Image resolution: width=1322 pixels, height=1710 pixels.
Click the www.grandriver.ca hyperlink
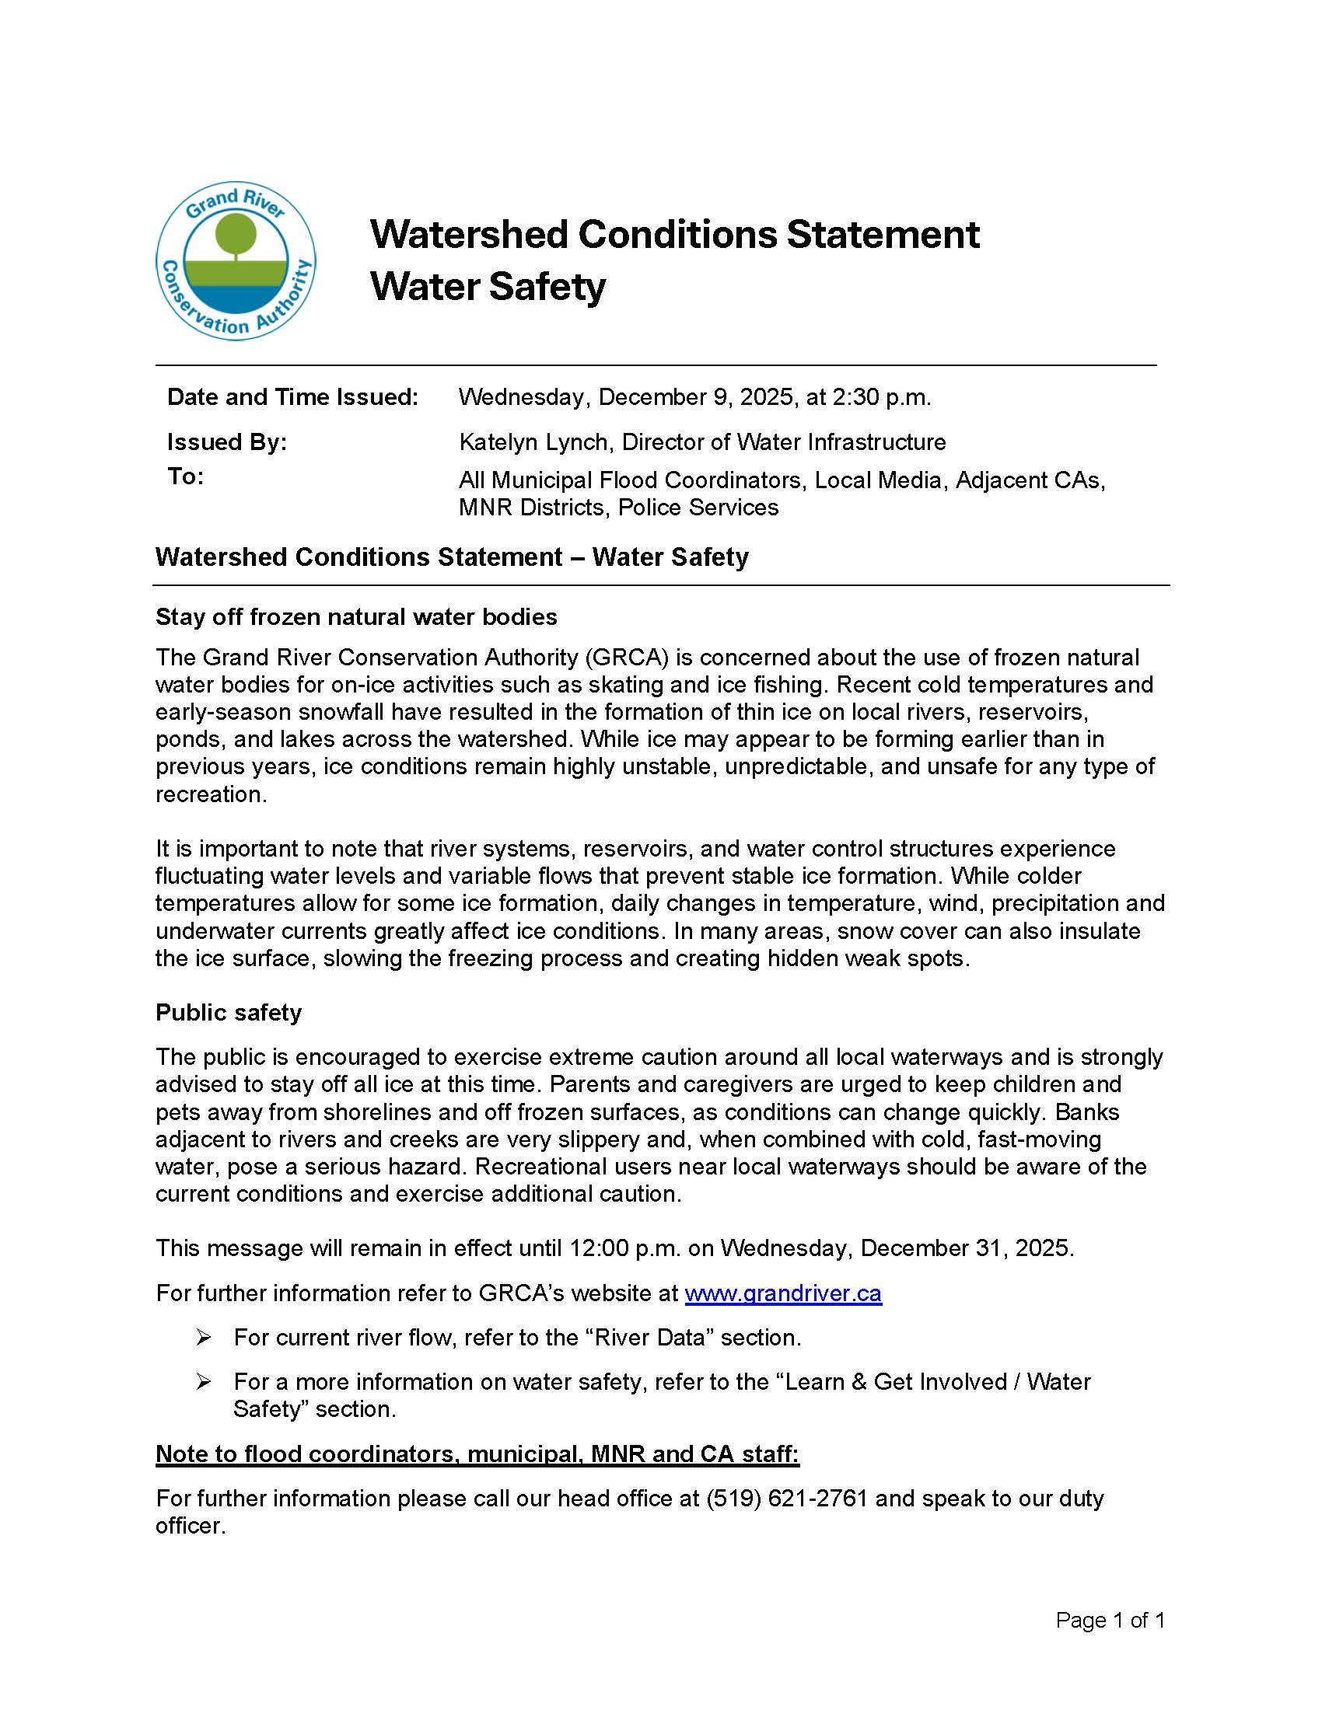pos(782,1293)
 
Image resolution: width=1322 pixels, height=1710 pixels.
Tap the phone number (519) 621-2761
pos(786,1498)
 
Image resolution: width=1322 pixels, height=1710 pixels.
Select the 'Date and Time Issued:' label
pos(292,397)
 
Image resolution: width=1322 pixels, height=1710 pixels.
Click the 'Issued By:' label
pos(226,441)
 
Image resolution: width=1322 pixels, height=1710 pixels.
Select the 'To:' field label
pos(185,476)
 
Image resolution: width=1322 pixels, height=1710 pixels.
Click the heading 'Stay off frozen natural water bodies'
pos(355,616)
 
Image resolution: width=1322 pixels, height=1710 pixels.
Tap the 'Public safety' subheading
pos(228,1011)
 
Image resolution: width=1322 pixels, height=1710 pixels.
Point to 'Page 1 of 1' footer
pos(1109,1620)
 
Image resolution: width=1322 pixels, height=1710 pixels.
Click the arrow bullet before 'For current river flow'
pos(204,1338)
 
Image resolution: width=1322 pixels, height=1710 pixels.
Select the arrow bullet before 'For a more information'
pos(204,1382)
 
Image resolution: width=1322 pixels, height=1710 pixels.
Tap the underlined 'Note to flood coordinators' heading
pos(476,1453)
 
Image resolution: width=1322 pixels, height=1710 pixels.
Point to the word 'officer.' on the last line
pos(191,1525)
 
